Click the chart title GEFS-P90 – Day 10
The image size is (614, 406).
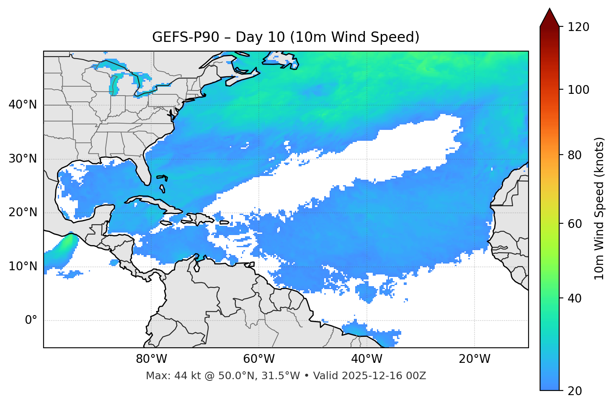(x=286, y=37)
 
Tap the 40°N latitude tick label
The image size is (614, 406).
(x=23, y=105)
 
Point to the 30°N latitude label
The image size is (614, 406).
(x=23, y=159)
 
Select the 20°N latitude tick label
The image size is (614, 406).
(x=23, y=212)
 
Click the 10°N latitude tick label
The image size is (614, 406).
(x=23, y=266)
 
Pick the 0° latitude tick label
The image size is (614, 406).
(x=31, y=321)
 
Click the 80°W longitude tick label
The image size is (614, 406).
(x=151, y=359)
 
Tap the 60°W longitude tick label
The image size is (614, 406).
(x=259, y=359)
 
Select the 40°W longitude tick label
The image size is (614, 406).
(x=366, y=359)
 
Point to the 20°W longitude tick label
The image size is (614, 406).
(x=474, y=359)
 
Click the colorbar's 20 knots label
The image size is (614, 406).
(x=575, y=390)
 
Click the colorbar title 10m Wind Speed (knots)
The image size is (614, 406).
(x=599, y=208)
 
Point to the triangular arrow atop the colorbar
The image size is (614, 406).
(x=550, y=18)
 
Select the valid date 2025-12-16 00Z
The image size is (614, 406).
(x=384, y=376)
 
